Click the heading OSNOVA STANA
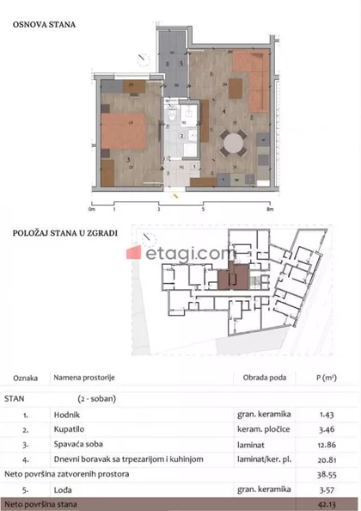(x=44, y=24)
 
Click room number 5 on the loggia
(x=181, y=64)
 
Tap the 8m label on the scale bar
(x=269, y=208)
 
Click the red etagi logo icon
(x=135, y=254)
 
